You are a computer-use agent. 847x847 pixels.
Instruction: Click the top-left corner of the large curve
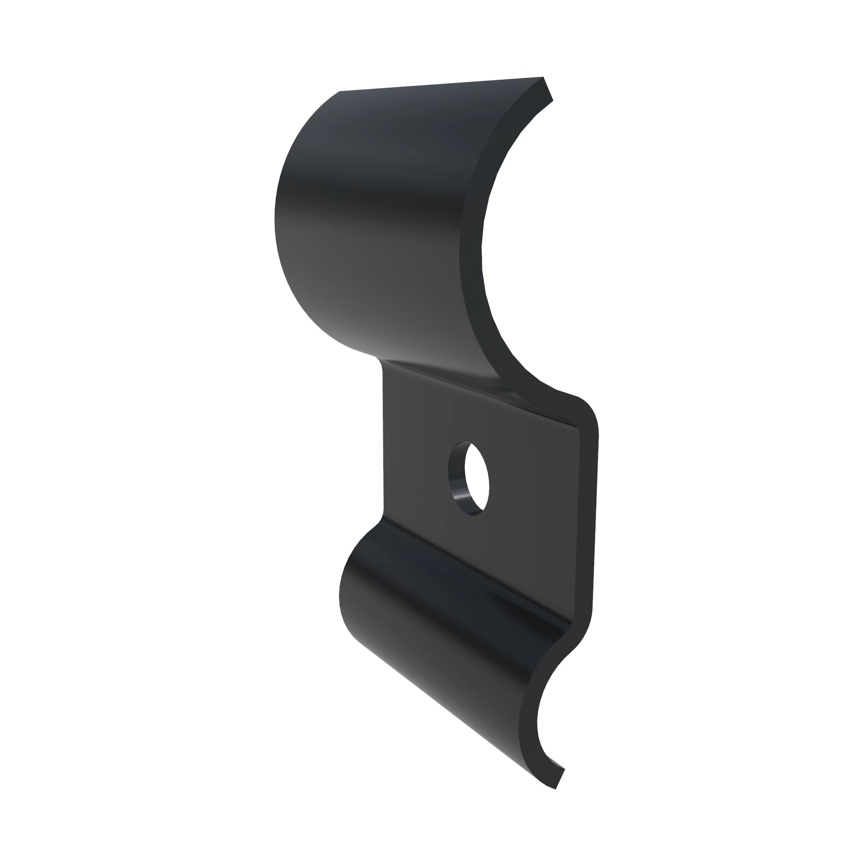(x=340, y=92)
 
